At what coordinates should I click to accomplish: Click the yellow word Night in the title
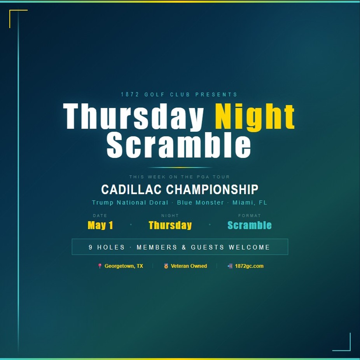[255, 117]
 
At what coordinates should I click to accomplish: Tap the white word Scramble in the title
[179, 145]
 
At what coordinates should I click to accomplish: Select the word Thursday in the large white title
[133, 117]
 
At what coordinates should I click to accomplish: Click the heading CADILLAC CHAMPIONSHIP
[180, 189]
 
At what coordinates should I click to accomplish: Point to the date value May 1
[100, 225]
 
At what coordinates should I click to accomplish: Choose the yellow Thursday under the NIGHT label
[170, 225]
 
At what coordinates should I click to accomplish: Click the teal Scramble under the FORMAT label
[250, 225]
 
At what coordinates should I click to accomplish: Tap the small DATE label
[100, 216]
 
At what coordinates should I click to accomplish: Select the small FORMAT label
[250, 216]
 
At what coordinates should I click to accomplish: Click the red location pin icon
[100, 266]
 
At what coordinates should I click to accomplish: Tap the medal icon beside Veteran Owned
[166, 266]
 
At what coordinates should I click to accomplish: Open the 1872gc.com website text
[249, 266]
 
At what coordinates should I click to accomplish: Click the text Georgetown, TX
[124, 266]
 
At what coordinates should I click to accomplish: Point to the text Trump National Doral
[130, 203]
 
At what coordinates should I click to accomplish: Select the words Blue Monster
[200, 203]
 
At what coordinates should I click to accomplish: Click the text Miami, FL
[250, 203]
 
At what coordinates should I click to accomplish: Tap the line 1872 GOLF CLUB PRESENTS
[179, 94]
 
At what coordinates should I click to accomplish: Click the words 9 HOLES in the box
[107, 247]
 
